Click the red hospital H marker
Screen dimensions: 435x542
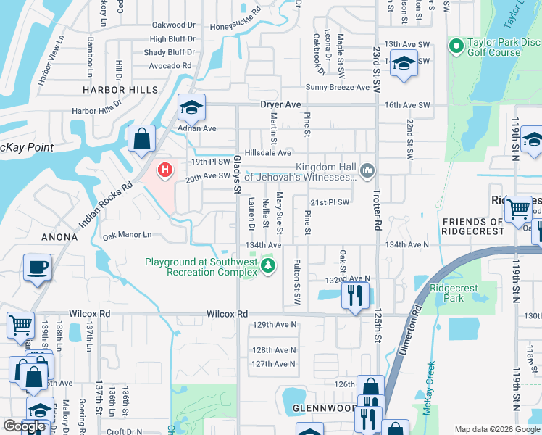[166, 170]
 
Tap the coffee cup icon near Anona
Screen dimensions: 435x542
[38, 267]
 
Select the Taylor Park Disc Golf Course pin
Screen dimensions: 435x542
[456, 47]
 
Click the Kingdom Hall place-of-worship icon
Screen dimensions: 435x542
[368, 170]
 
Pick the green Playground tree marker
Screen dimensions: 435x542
[269, 266]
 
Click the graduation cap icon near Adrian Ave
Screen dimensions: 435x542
[191, 107]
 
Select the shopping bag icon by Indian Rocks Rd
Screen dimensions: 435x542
[142, 138]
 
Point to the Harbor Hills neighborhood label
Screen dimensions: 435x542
[120, 89]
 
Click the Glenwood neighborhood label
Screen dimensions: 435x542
[323, 408]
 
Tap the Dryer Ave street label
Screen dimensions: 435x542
[280, 104]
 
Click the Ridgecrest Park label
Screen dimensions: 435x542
[454, 293]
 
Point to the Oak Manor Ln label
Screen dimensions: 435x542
[127, 235]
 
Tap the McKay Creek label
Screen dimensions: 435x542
[430, 384]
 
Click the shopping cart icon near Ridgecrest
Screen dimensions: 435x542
[519, 209]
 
